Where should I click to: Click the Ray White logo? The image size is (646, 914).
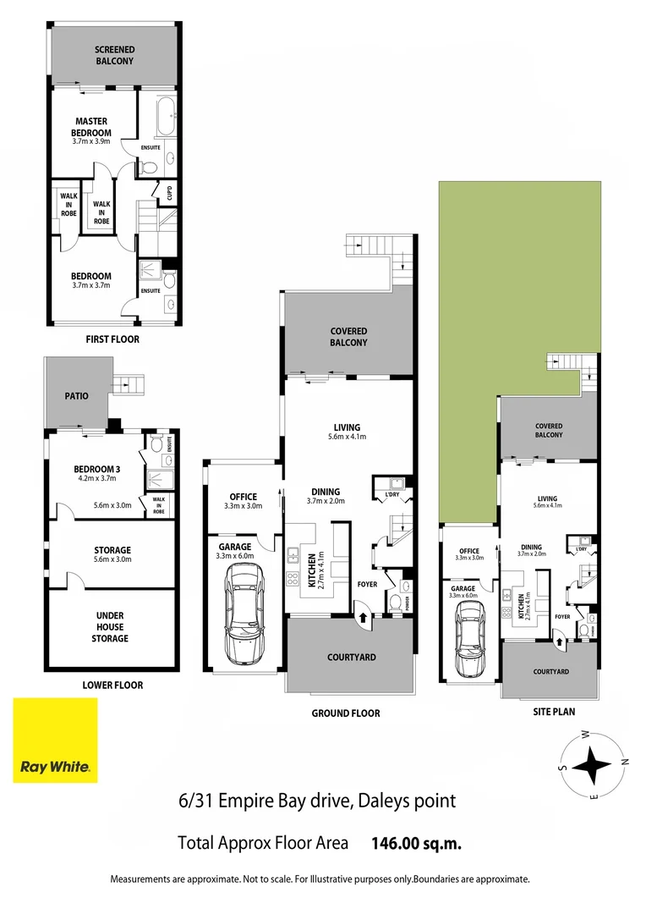point(55,741)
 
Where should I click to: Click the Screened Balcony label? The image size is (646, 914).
point(114,55)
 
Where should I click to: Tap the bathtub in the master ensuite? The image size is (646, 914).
point(166,111)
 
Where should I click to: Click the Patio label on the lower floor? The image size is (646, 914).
point(77,395)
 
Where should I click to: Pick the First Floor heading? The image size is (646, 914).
point(112,339)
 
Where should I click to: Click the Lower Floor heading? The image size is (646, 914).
point(113,685)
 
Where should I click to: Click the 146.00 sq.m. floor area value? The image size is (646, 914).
point(416,843)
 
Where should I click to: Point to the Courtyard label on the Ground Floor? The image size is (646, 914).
point(351,657)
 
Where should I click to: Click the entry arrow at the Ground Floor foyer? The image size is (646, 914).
point(363,618)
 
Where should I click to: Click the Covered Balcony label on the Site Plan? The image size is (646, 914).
point(548,430)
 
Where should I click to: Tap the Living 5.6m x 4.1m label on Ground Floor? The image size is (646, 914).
point(347,432)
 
